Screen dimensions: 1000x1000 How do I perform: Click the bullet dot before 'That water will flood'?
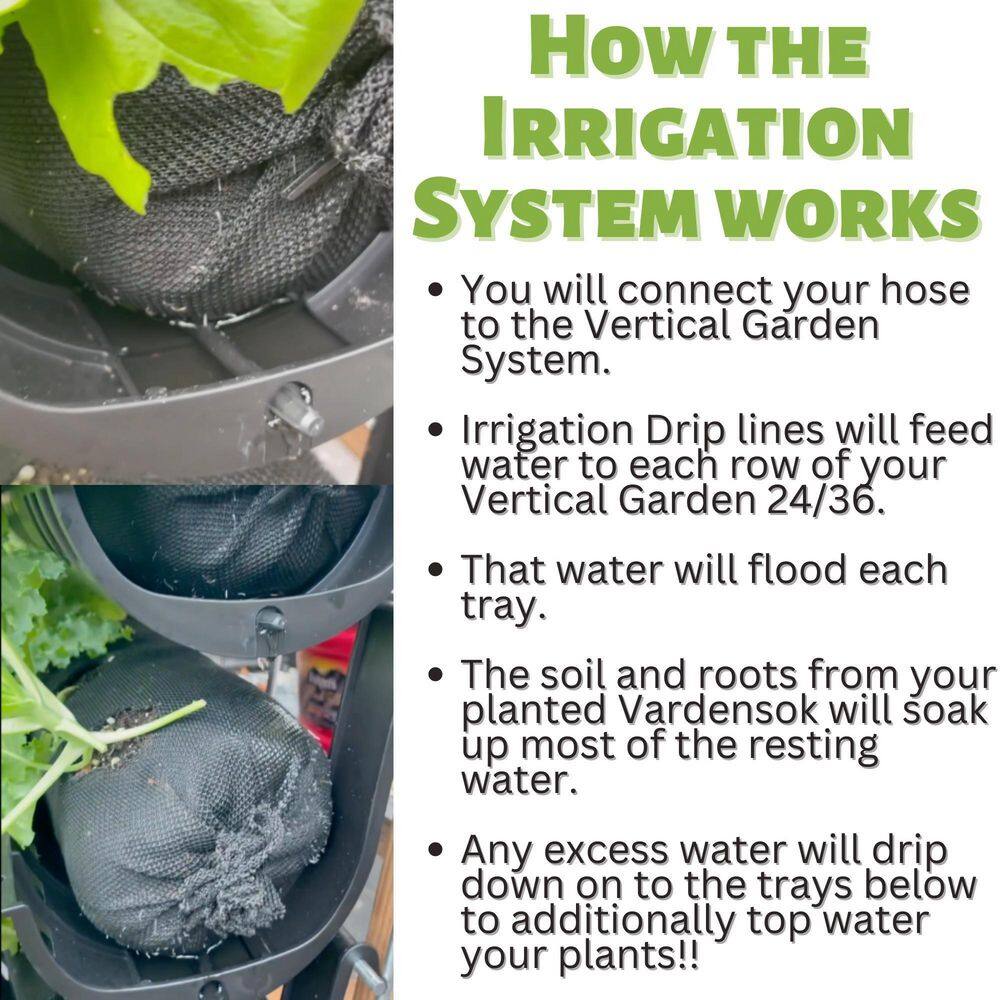click(x=435, y=571)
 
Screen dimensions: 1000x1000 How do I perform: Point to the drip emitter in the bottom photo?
click(x=270, y=624)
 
